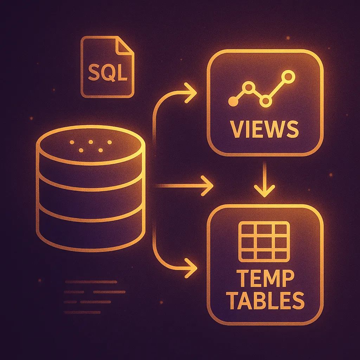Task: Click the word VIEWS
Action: (265, 129)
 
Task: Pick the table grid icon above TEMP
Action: (264, 242)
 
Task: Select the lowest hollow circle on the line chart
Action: (266, 101)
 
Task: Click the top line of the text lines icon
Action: (91, 282)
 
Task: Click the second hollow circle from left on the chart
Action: (249, 86)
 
